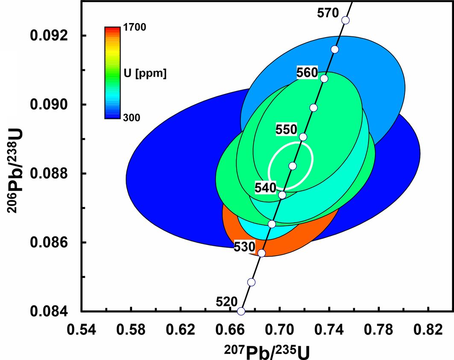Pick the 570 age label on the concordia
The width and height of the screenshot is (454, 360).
click(x=328, y=13)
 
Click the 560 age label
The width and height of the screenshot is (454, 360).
click(x=308, y=73)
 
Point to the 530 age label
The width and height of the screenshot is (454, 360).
click(x=244, y=247)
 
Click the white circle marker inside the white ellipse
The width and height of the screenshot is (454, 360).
click(x=293, y=166)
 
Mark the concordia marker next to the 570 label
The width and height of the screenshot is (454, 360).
click(x=346, y=20)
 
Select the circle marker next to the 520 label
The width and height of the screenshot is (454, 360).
click(x=241, y=311)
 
